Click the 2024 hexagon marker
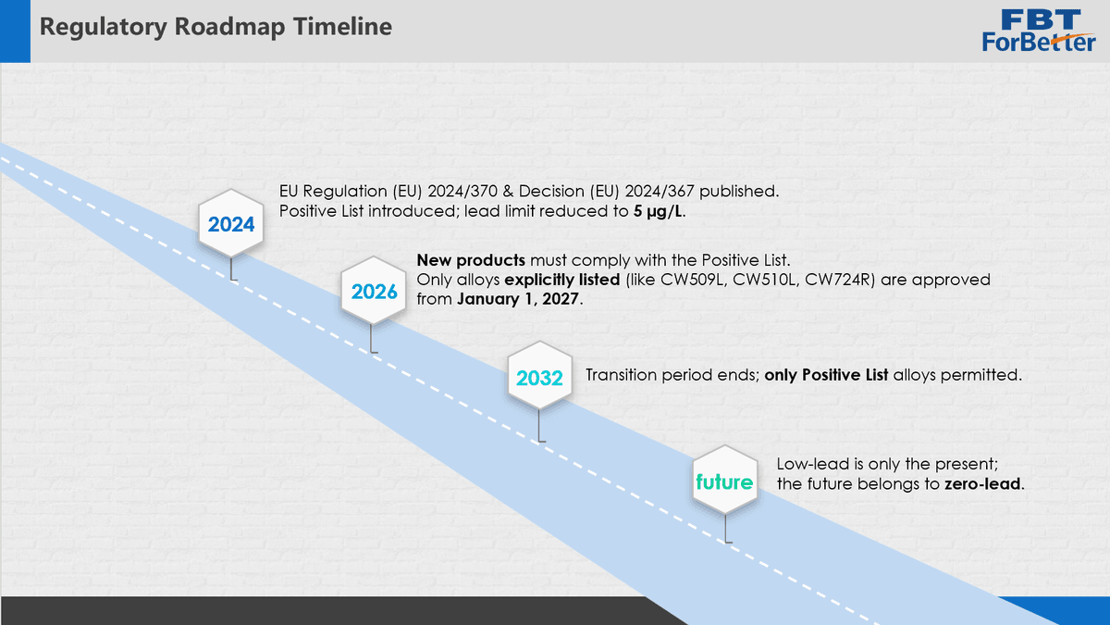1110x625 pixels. tap(231, 224)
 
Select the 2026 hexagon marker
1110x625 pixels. tap(374, 291)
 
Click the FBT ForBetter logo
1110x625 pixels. tap(1039, 31)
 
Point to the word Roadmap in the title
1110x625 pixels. tap(230, 26)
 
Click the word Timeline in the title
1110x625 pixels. tap(342, 26)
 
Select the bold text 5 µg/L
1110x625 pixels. tap(658, 211)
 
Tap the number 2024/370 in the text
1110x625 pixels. tap(462, 191)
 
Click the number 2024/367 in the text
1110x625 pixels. tap(660, 191)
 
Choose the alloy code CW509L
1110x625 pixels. tap(691, 280)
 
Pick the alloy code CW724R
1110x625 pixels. tap(836, 280)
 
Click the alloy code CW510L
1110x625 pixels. tap(764, 280)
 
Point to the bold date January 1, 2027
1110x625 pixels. tap(518, 299)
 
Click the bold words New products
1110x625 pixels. tap(471, 260)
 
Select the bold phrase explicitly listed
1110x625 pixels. tap(562, 280)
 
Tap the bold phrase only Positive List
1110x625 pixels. tap(826, 375)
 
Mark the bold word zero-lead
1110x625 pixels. tap(982, 483)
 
